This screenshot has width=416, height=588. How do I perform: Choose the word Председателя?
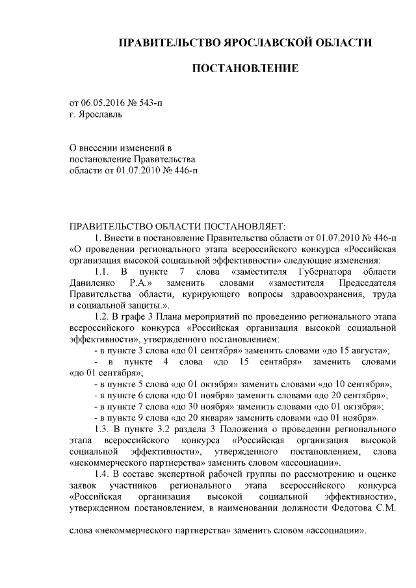(367, 283)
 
